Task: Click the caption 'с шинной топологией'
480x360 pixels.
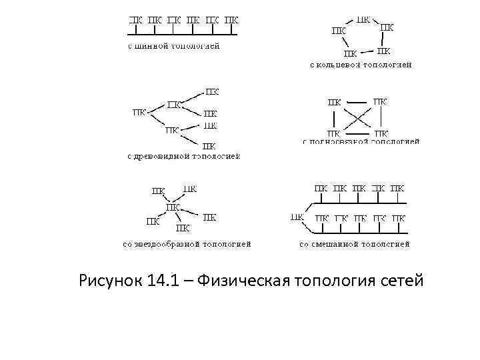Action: [173, 47]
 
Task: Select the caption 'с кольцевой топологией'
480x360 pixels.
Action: [361, 65]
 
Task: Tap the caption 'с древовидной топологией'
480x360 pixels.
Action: [183, 156]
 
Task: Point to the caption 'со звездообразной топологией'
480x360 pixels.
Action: [187, 244]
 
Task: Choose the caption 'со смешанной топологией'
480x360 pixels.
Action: [354, 244]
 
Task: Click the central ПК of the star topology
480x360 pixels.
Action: [173, 207]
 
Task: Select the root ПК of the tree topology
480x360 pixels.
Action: [139, 113]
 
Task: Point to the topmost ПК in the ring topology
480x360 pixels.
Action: [365, 19]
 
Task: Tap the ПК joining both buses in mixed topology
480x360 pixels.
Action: [297, 217]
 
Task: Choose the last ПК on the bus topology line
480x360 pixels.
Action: [231, 20]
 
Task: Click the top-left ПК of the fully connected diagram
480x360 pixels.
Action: [334, 102]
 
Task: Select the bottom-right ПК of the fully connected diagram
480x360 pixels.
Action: [380, 133]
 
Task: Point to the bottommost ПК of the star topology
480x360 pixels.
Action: [184, 227]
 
